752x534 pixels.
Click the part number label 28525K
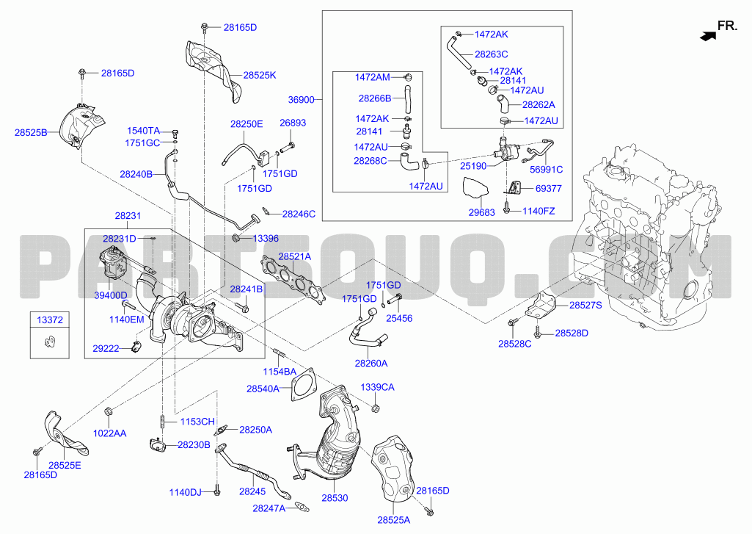(x=260, y=75)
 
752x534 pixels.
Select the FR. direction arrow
(x=708, y=35)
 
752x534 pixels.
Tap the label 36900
(x=302, y=100)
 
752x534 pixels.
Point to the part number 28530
(x=335, y=498)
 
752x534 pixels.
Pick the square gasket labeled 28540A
(x=303, y=384)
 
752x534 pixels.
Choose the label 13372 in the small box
(x=50, y=320)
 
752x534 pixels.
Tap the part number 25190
(x=473, y=166)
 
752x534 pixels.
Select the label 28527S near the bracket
(x=585, y=306)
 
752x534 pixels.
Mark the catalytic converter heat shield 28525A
(x=394, y=469)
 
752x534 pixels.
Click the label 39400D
(x=111, y=295)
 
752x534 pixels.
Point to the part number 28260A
(x=371, y=364)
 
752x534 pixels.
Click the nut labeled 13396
(x=236, y=238)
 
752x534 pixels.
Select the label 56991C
(x=547, y=170)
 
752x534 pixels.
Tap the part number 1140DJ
(x=186, y=493)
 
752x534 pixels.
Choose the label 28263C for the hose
(x=492, y=54)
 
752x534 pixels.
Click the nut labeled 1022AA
(x=109, y=411)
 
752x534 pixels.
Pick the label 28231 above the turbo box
(x=128, y=216)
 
